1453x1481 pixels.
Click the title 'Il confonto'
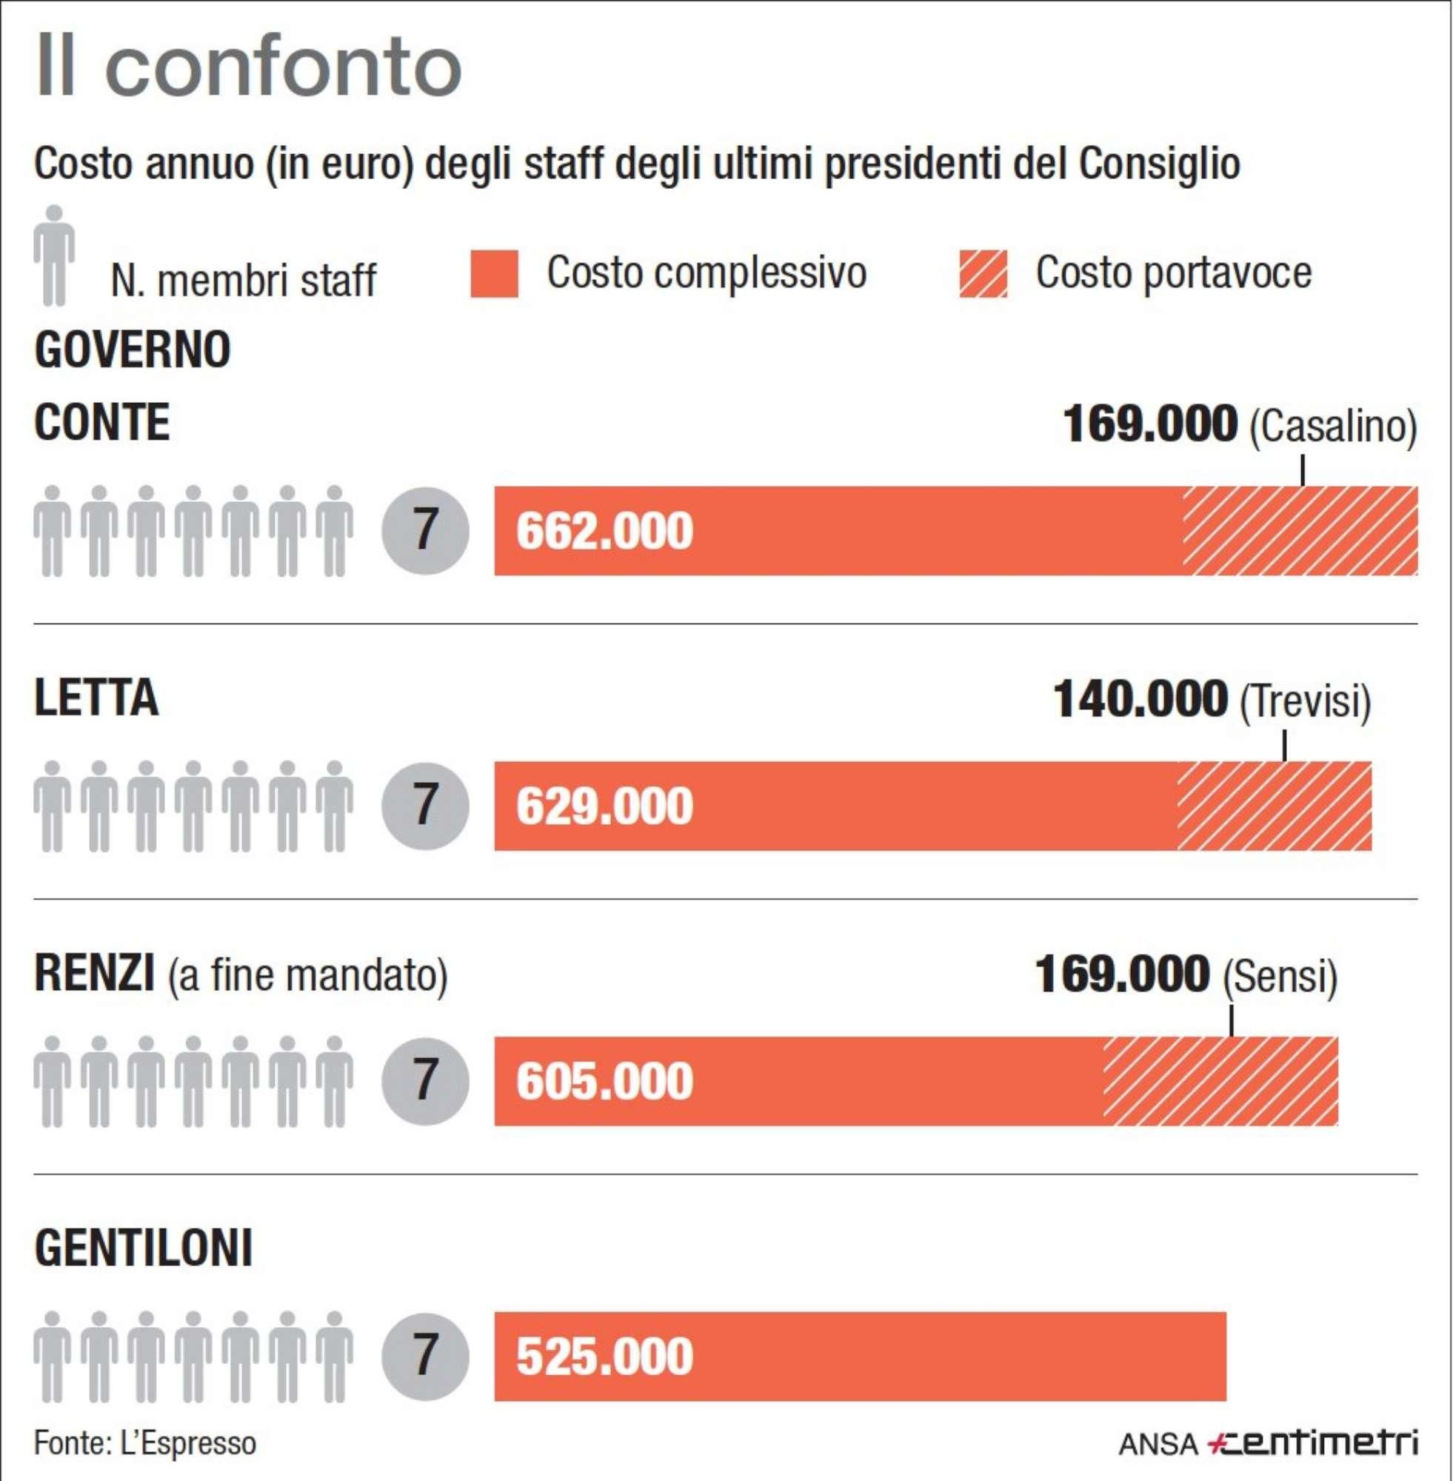tap(248, 67)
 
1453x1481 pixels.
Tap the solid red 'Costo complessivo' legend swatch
tap(494, 273)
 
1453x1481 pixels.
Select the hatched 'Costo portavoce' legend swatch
tap(983, 273)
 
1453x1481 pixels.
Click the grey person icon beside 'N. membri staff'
tap(54, 255)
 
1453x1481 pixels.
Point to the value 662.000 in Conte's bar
tap(604, 531)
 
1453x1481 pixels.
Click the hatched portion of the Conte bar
tap(1300, 531)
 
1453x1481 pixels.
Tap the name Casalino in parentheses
tap(1332, 426)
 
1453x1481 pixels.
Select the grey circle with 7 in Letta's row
tap(425, 806)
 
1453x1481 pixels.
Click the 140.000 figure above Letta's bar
tap(1140, 699)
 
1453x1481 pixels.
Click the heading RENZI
tap(94, 974)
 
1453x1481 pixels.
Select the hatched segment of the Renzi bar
tap(1220, 1081)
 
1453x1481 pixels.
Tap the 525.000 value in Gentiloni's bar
tap(604, 1356)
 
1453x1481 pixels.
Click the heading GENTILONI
tap(144, 1249)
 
